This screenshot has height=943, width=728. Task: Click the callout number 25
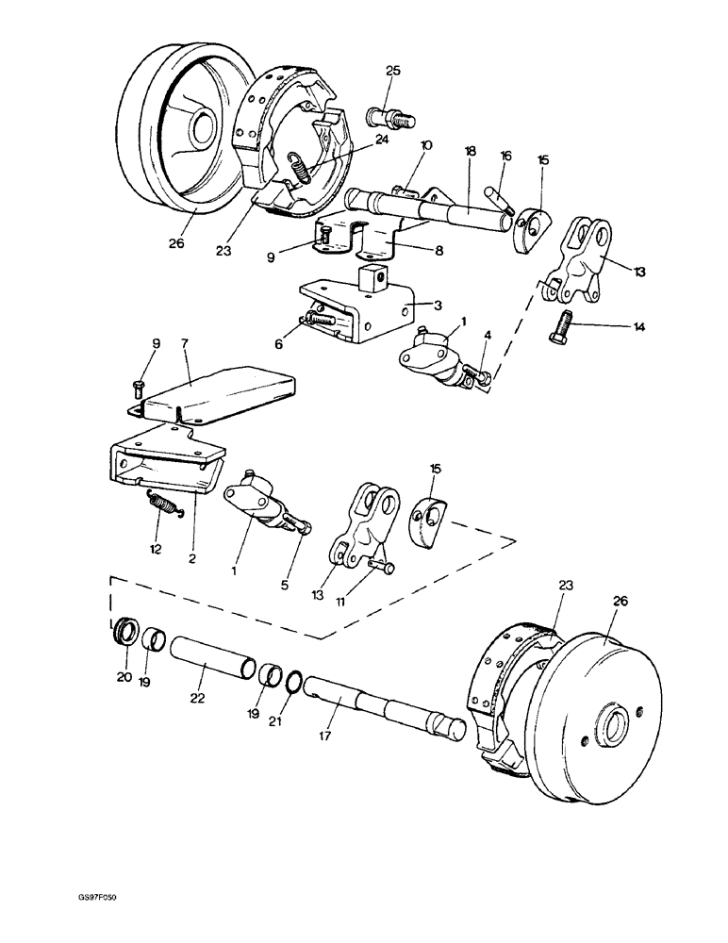[393, 71]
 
